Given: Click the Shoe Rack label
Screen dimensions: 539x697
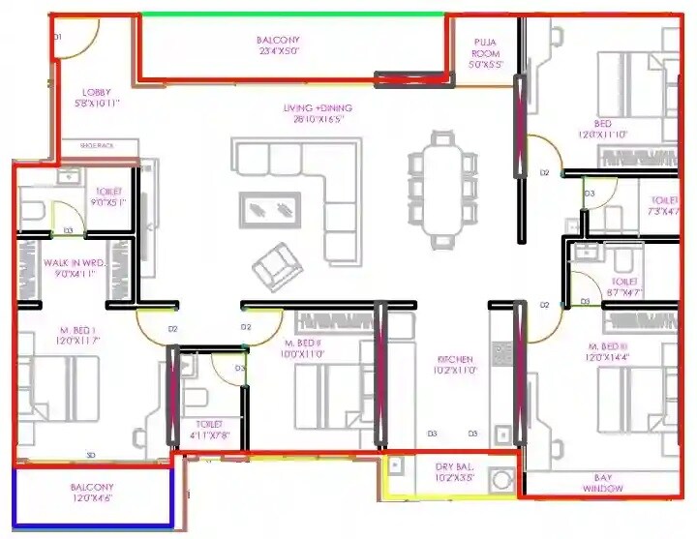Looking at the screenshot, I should [x=97, y=145].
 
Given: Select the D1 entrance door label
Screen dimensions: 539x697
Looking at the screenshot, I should [x=58, y=36].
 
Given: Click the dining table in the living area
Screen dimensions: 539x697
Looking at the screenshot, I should [x=441, y=187].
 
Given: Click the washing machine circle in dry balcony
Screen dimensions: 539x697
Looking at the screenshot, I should [x=501, y=479].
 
